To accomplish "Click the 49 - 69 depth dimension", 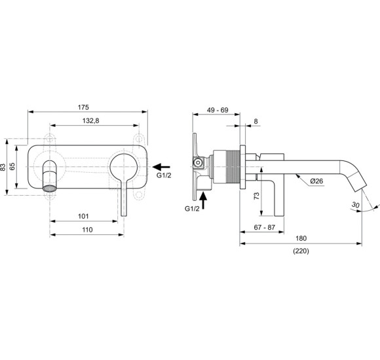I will pyautogui.click(x=216, y=109).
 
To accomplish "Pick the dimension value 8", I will pyautogui.click(x=256, y=121).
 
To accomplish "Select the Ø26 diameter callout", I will pyautogui.click(x=316, y=181).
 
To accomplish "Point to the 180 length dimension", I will pyautogui.click(x=301, y=239).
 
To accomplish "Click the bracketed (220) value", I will pyautogui.click(x=301, y=251).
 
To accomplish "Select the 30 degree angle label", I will pyautogui.click(x=355, y=205).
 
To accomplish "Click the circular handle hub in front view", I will pyautogui.click(x=123, y=168).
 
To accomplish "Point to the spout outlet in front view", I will pyautogui.click(x=48, y=188).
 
